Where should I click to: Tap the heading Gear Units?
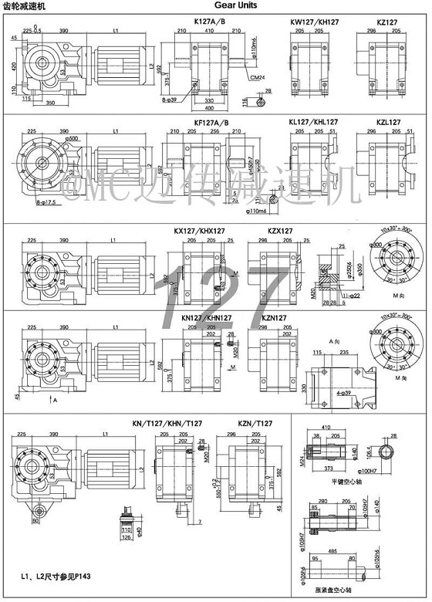pos(246,6)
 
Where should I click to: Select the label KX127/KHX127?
pos(200,231)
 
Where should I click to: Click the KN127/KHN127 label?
pos(207,317)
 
